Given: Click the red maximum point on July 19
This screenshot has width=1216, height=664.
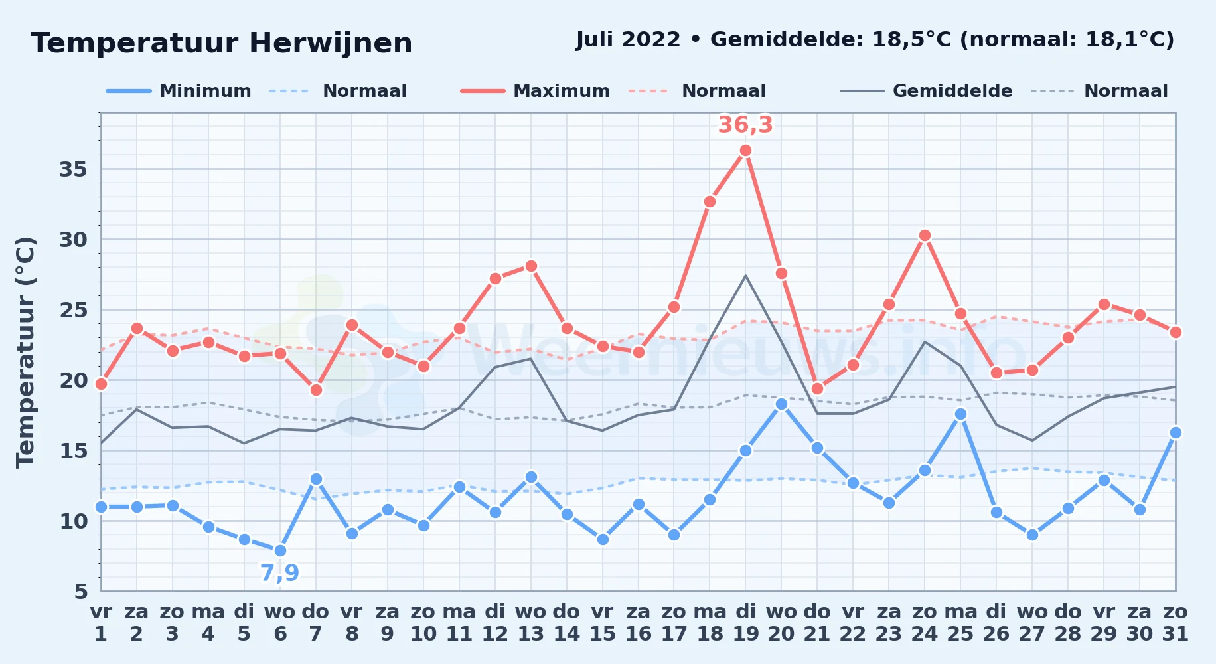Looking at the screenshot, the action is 745,151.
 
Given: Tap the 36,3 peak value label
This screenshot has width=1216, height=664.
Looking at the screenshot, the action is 745,125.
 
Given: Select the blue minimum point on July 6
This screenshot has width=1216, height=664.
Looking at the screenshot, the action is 280,550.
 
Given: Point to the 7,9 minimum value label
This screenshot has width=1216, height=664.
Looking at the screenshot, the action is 279,572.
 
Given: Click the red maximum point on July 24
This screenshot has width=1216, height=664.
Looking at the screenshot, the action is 925,236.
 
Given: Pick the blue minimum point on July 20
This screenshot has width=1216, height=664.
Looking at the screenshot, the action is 781,404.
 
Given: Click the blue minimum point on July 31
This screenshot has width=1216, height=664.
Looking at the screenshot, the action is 1175,432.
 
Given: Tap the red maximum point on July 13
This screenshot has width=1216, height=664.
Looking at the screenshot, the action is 531,266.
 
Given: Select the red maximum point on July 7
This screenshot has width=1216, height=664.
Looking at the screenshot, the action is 316,390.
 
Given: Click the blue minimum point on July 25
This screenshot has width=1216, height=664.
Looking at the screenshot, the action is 960,414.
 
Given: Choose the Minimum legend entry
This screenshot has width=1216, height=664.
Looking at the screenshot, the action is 179,91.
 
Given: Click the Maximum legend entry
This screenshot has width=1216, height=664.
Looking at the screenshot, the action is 535,91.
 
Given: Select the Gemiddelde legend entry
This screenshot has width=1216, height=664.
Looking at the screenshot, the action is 927,91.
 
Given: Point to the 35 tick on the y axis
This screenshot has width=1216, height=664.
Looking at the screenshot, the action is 73,169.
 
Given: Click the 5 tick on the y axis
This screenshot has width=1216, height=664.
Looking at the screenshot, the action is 80,591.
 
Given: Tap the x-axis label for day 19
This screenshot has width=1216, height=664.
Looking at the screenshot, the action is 745,623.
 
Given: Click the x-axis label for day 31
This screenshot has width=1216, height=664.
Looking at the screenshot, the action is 1175,623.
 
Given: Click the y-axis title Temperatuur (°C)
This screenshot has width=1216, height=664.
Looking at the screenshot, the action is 25,352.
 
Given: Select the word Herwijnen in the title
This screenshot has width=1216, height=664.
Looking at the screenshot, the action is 331,43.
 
